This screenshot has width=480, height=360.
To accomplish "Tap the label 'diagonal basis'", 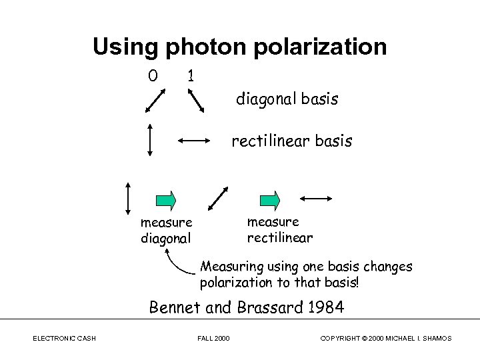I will (287, 100).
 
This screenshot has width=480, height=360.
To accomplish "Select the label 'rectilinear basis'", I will (292, 141).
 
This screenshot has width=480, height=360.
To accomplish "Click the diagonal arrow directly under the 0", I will (155, 101).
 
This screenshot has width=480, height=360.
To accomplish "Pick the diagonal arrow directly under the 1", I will (195, 101).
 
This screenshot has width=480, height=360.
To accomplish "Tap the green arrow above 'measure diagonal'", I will (166, 199).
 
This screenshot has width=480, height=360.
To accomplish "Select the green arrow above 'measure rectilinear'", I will (270, 199).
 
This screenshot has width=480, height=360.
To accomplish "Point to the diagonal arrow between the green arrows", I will (218, 198).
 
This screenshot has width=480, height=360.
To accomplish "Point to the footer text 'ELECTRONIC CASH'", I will (64, 339).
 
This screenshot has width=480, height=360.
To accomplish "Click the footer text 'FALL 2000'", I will (213, 339).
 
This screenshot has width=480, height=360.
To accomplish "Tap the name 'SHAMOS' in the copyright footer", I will (435, 339).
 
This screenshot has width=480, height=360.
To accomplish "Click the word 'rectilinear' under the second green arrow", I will (280, 237).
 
